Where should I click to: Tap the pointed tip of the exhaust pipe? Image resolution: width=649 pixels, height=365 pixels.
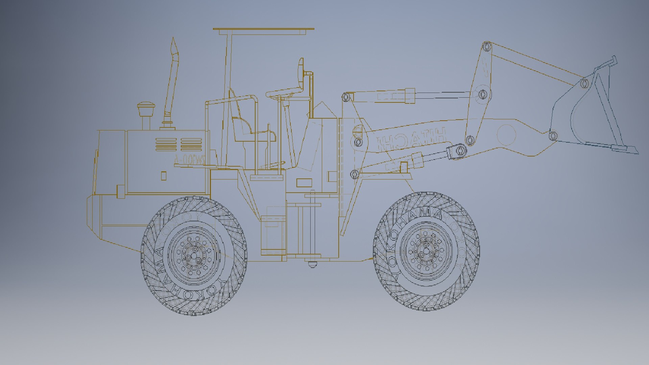pos(174,40)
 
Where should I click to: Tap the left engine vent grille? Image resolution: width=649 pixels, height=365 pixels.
pos(166,144)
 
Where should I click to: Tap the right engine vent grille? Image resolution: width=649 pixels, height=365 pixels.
pos(192,144)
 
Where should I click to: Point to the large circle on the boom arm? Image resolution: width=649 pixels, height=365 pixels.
pos(507,135)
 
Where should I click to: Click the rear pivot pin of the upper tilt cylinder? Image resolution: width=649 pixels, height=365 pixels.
pos(345,98)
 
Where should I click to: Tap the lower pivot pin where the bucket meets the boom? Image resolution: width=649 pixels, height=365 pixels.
pos(553,136)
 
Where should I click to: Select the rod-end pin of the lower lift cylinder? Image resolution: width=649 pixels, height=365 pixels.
pos(459,150)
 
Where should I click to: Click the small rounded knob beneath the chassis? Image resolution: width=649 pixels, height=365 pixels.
pos(312,265)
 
